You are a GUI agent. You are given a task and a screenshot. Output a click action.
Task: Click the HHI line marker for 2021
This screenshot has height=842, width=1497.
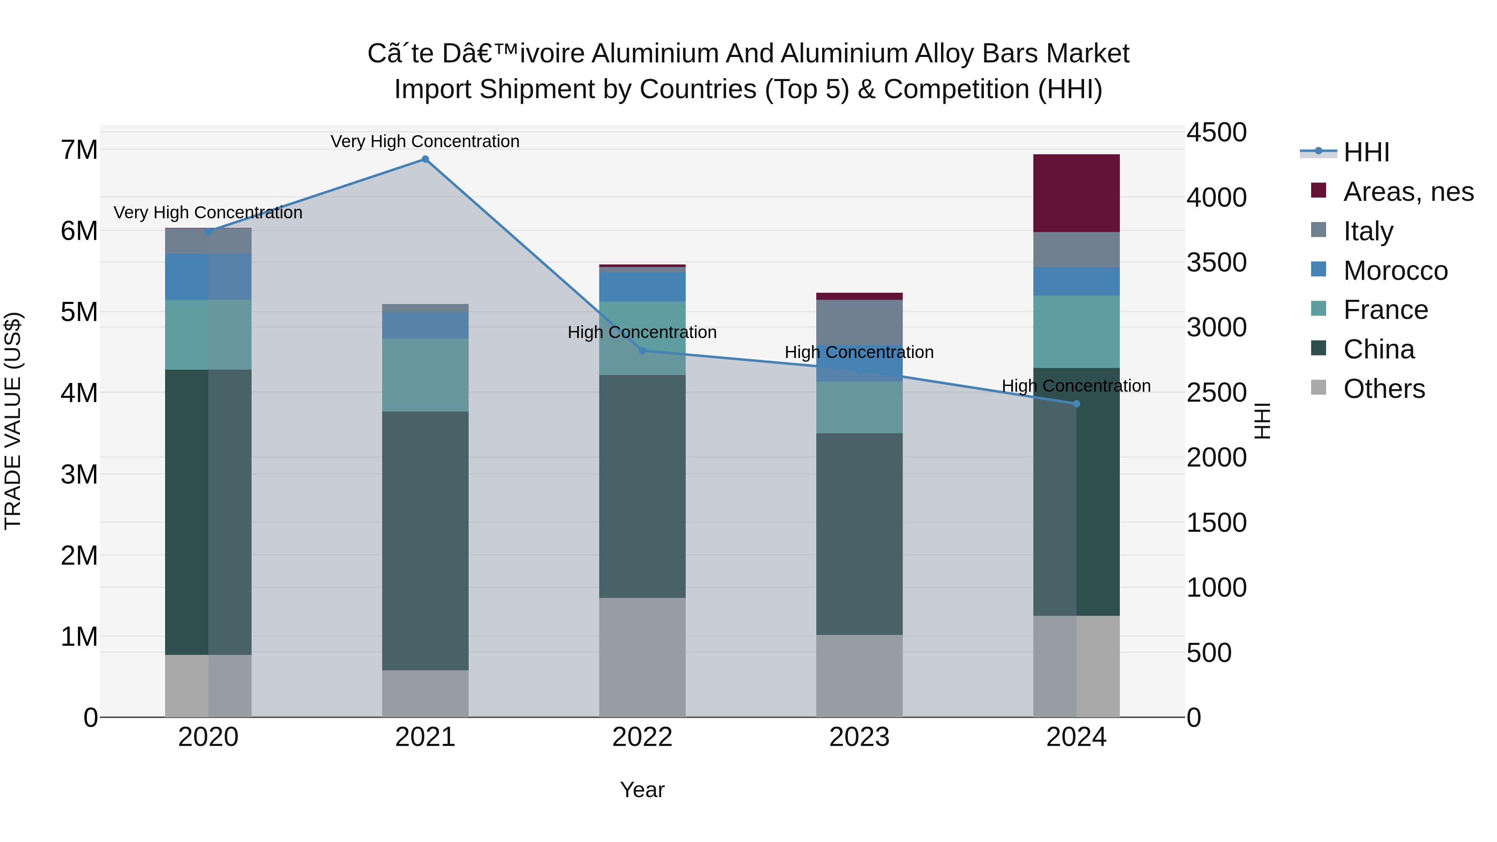425,159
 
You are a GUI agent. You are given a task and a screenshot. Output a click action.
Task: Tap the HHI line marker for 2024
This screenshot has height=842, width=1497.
1076,404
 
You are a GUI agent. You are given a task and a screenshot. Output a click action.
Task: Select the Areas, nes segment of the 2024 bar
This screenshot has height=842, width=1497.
1076,193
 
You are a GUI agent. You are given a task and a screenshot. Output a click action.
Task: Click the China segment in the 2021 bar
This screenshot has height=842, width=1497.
425,541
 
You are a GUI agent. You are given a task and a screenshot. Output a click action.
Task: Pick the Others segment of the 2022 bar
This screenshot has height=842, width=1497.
642,657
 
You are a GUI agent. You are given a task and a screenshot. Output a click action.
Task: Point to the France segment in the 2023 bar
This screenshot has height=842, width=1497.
859,407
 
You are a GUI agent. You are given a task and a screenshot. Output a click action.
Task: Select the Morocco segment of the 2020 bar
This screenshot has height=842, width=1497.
208,277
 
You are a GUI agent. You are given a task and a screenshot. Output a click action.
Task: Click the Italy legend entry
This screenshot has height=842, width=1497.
1368,231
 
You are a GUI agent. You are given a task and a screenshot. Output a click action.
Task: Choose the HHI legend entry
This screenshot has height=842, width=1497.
1366,152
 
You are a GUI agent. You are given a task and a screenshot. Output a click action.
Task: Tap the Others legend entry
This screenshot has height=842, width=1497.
1383,389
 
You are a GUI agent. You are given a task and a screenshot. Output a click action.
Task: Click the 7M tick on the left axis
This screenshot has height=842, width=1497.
79,150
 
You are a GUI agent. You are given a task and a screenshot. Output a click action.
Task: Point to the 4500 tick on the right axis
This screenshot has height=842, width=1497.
1216,133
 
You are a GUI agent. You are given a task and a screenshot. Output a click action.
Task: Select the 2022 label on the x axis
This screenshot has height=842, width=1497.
642,737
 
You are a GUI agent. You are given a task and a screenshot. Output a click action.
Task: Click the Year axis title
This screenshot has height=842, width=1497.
642,790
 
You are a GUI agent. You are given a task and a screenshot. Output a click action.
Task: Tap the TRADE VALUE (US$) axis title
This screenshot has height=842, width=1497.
13,421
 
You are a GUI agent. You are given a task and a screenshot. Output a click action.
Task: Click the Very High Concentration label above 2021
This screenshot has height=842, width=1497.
425,141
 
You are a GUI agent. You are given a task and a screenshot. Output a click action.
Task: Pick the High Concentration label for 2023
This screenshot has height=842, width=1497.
859,352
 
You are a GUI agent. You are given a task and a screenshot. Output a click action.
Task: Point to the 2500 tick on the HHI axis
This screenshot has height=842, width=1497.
1216,393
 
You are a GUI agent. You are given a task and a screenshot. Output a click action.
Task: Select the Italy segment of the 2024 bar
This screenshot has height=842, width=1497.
1076,250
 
